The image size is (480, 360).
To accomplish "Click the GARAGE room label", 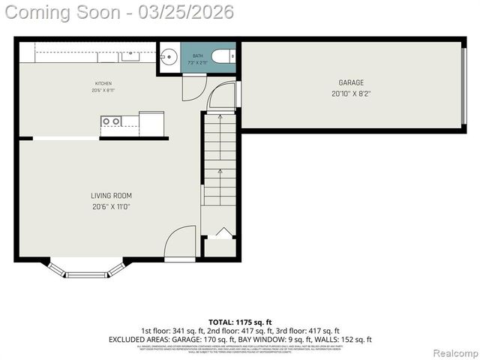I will pos(351,82).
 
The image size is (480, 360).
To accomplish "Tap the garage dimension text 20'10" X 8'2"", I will pos(351,94).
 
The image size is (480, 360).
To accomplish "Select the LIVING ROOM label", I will pos(111,196).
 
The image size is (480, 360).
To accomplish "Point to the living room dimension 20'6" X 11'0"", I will pos(111,206).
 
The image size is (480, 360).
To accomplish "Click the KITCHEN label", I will pos(103,82).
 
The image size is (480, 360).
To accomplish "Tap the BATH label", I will pos(197,56).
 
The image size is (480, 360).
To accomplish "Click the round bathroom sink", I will pos(168,56).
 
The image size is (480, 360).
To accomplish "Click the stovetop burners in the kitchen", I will pos(111,121).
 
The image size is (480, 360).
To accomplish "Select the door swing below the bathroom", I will pos(192,86).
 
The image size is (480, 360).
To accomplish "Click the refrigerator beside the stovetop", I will pos(151,122).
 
